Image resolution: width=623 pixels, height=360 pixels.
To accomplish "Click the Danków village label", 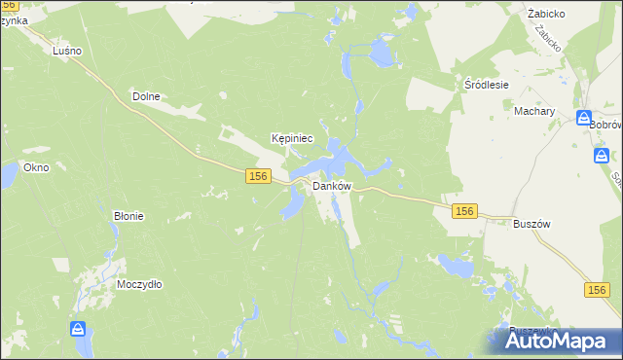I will [x=331, y=186].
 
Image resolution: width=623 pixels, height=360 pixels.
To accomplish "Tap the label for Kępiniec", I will [x=292, y=138].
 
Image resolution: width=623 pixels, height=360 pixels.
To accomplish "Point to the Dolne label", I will [x=145, y=96].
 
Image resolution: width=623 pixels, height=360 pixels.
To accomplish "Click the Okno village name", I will [x=36, y=167].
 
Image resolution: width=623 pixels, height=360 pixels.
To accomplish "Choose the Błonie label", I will [x=128, y=216].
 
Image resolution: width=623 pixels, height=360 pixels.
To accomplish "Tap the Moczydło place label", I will [x=139, y=284].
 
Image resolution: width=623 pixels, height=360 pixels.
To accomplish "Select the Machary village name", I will [x=534, y=111].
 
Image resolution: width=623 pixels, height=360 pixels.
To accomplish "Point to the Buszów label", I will [x=531, y=223].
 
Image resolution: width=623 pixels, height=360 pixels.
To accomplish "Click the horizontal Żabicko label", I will [x=547, y=15].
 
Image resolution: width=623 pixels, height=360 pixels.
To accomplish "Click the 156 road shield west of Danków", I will [x=258, y=175].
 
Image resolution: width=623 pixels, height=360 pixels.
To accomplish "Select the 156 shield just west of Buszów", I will [x=464, y=211].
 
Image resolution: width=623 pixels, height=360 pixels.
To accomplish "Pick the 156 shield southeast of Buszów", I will [x=598, y=290].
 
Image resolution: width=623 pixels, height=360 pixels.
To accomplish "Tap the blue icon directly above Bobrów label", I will [x=584, y=120].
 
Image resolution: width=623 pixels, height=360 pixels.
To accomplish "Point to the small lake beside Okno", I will [x=8, y=175].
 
